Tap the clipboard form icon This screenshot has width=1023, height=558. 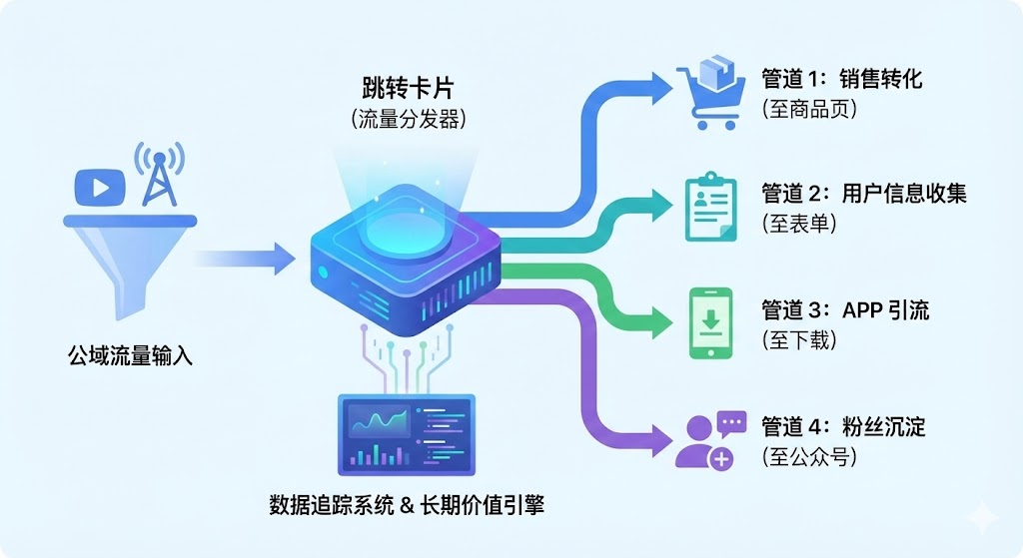(710, 209)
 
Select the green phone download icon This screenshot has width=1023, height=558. (711, 322)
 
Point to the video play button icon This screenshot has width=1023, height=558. (100, 187)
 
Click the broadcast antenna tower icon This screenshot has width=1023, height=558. (158, 176)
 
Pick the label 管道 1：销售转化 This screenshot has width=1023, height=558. (841, 79)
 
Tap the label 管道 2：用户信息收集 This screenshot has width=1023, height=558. (864, 194)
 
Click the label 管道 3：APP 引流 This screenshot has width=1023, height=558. (844, 309)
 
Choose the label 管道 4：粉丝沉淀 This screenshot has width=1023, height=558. (843, 427)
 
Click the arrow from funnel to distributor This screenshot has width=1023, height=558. (245, 259)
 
